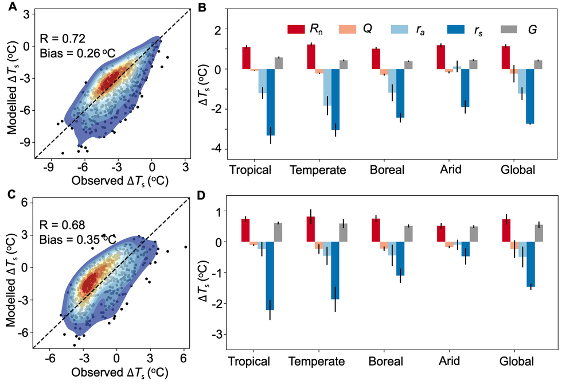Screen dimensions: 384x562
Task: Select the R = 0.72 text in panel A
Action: pos(63,39)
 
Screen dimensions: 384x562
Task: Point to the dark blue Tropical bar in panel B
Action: pos(270,102)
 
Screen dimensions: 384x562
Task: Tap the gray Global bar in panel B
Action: pos(538,65)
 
